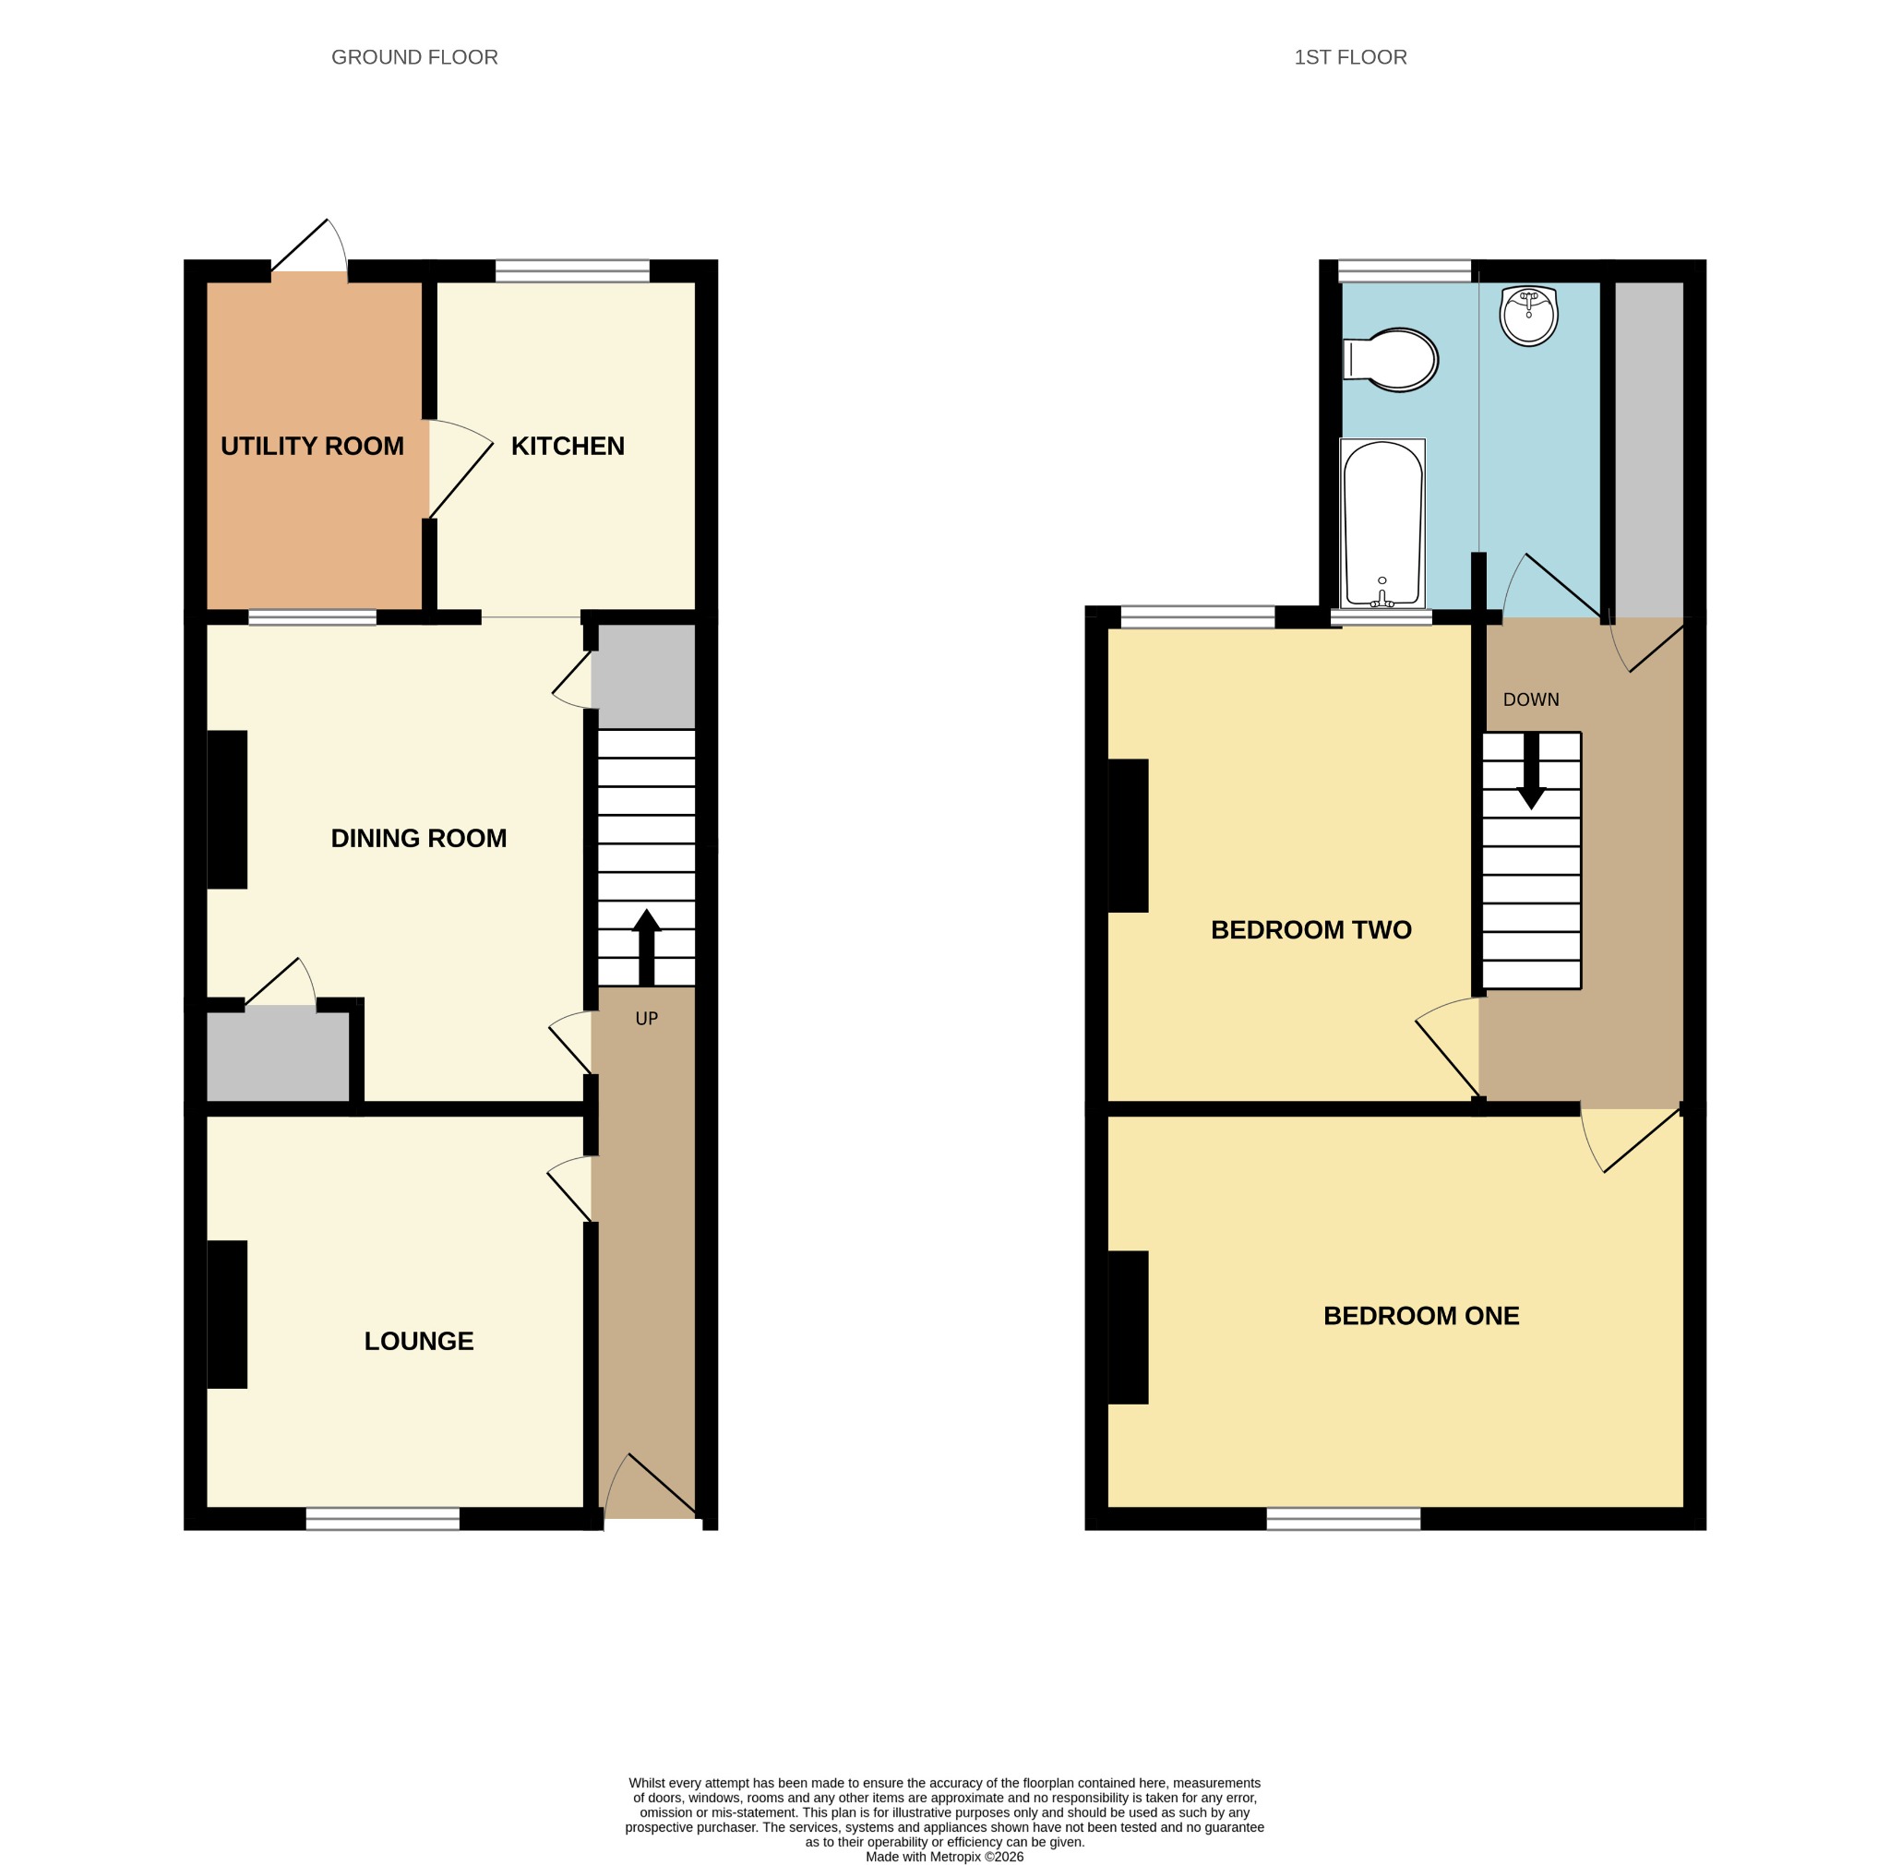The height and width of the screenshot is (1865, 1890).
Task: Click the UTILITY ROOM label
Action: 312,446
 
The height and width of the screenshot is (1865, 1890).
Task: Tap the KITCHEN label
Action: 568,446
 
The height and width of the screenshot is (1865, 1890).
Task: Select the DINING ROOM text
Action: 419,838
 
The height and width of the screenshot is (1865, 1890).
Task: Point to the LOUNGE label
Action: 419,1341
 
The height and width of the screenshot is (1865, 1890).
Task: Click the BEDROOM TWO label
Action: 1310,930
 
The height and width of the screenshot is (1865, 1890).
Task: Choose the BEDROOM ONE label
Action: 1421,1316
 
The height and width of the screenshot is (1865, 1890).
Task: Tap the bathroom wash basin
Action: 1528,315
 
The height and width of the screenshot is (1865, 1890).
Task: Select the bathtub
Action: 1382,523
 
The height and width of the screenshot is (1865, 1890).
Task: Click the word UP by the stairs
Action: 647,1019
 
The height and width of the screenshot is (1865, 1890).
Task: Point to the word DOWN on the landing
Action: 1531,700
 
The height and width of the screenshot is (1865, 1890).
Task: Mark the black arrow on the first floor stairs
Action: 1531,771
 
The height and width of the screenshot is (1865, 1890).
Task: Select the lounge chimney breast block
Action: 227,1314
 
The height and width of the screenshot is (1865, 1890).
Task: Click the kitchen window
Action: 572,271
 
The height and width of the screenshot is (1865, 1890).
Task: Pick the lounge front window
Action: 382,1519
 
